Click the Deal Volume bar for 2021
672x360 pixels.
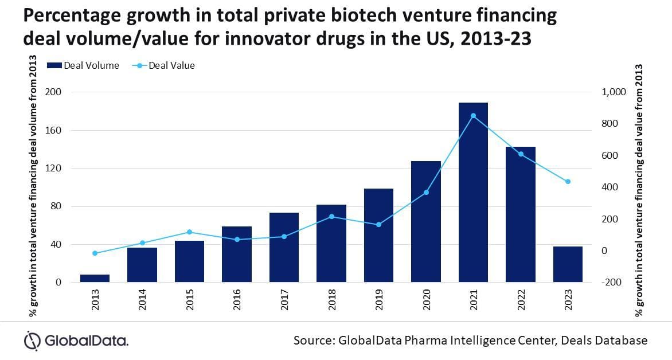point(473,192)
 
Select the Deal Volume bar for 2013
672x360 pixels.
point(95,279)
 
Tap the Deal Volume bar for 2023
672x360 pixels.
point(568,264)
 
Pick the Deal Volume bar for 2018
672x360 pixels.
point(331,243)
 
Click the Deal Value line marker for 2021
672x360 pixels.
point(473,116)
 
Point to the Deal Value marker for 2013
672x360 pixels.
point(95,253)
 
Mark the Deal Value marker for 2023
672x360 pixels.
point(568,182)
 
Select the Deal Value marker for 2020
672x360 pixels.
point(426,193)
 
